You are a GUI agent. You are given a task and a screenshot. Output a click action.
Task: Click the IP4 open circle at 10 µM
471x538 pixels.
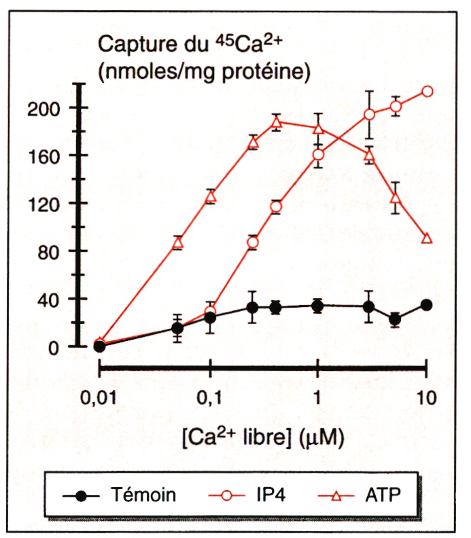(427, 92)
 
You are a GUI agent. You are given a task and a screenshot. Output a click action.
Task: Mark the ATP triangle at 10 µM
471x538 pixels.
(427, 238)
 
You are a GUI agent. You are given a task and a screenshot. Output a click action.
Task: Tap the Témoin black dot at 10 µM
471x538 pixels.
(426, 305)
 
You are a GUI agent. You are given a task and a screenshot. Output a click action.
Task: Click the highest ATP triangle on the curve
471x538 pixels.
(276, 122)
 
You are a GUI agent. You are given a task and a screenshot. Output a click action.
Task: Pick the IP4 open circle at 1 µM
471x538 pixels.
(318, 155)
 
